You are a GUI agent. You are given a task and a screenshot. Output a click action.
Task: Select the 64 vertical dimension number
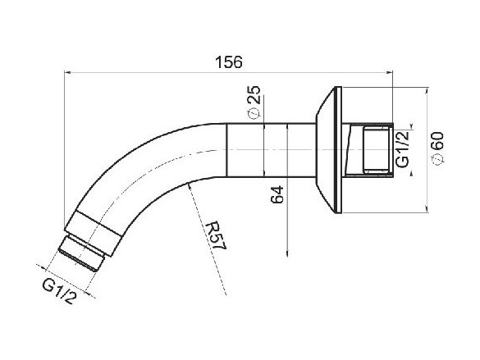(277, 196)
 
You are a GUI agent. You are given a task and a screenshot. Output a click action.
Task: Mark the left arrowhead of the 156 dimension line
(69, 73)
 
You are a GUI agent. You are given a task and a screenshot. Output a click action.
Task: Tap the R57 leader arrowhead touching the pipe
(190, 186)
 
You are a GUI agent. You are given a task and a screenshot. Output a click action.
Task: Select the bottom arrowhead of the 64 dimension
(287, 255)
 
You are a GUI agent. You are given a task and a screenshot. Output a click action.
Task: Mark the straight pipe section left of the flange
(271, 149)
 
